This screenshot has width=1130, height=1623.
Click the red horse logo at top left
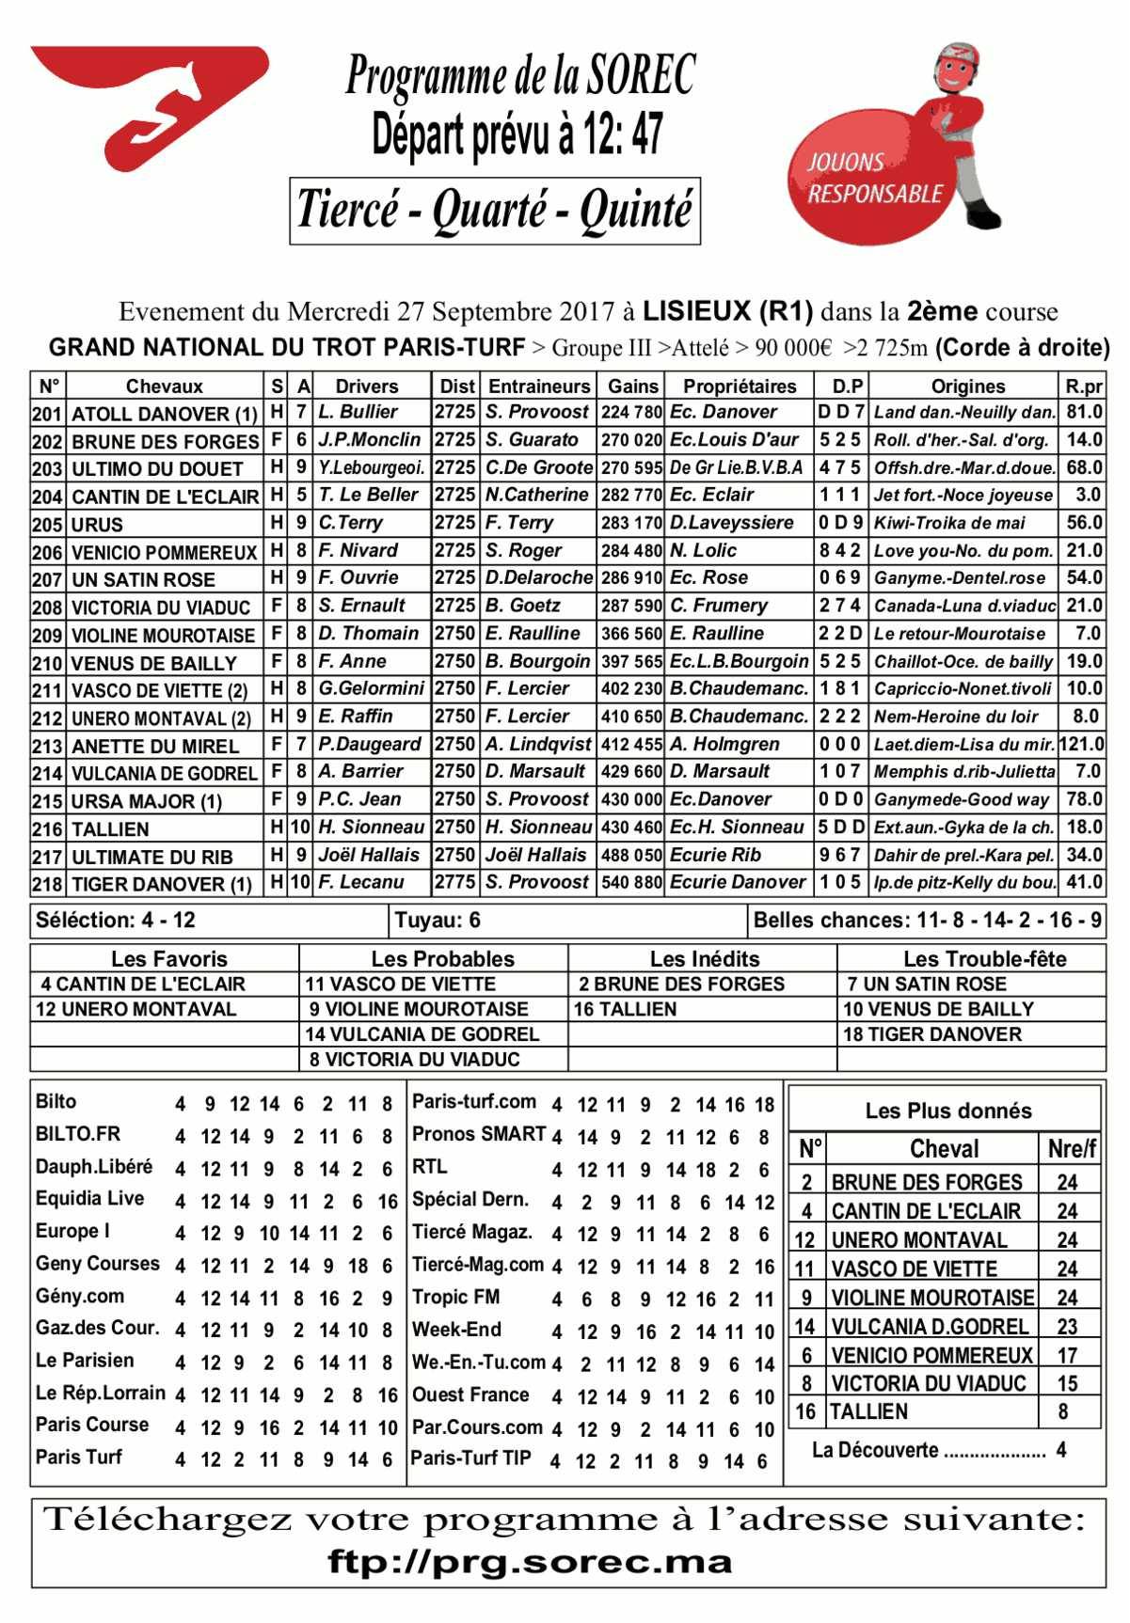pos(151,103)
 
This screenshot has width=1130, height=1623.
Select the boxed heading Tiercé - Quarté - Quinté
pos(495,210)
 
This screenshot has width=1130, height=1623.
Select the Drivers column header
pos(366,386)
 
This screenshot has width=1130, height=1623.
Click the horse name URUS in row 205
pos(97,525)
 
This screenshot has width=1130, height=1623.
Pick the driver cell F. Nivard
pos(358,550)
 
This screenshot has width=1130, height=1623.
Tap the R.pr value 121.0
pos(1081,744)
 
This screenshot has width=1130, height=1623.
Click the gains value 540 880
pos(631,883)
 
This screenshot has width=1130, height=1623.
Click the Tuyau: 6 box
pos(438,921)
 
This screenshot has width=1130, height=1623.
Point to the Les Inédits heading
pos(704,959)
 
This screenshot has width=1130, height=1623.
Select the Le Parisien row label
pos(85,1361)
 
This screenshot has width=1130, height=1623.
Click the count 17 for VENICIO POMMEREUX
pos(1066,1355)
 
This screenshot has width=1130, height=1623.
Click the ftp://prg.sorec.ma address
pos(530,1562)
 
